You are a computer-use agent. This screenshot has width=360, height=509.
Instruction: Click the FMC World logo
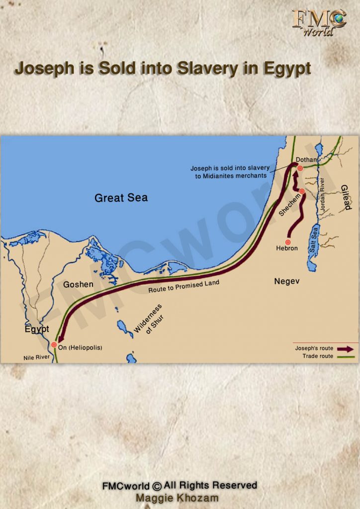coord(319,22)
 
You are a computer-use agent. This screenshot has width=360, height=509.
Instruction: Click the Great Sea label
coord(121,198)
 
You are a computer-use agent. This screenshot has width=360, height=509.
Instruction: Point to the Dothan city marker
coord(300,169)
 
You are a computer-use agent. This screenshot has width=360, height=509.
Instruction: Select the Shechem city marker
coord(302,191)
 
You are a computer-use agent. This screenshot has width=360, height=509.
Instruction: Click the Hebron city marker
coord(287,242)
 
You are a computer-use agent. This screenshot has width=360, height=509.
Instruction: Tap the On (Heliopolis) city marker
coord(54,345)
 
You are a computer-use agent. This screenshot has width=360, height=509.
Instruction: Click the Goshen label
coord(78,285)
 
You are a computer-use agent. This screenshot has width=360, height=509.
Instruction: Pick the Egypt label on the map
coord(37,329)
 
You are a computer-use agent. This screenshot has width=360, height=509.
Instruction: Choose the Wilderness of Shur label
coord(148,319)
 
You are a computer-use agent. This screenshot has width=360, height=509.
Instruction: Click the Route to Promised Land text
coord(183,286)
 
